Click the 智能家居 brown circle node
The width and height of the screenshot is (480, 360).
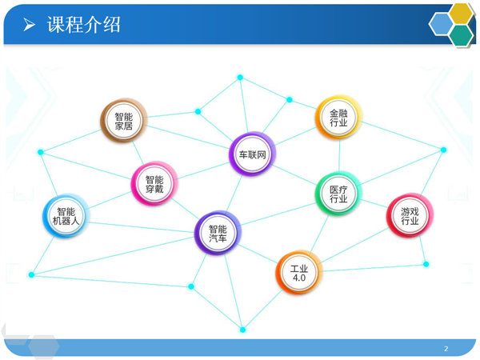pyautogui.click(x=124, y=121)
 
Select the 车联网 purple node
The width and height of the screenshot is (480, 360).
pyautogui.click(x=252, y=154)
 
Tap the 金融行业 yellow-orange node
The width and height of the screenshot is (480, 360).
pyautogui.click(x=338, y=118)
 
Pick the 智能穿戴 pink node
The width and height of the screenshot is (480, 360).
pyautogui.click(x=154, y=184)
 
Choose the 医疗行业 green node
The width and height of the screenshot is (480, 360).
pyautogui.click(x=338, y=194)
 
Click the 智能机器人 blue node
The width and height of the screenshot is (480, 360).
pyautogui.click(x=66, y=216)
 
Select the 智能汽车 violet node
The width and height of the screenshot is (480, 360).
pyautogui.click(x=218, y=233)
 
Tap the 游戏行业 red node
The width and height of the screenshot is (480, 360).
pyautogui.click(x=410, y=215)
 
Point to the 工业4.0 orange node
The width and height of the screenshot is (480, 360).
pyautogui.click(x=299, y=273)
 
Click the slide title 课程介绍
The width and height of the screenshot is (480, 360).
pyautogui.click(x=83, y=25)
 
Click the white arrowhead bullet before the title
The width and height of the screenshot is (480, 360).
pyautogui.click(x=29, y=25)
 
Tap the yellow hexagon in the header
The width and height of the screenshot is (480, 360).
pyautogui.click(x=461, y=14)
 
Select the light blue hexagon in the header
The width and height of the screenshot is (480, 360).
pyautogui.click(x=441, y=24)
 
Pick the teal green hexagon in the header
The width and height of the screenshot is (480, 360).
pyautogui.click(x=462, y=35)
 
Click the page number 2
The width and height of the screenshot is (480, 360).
pyautogui.click(x=446, y=348)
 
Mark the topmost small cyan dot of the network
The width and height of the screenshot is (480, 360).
pyautogui.click(x=240, y=77)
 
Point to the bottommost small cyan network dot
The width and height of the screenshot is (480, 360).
pyautogui.click(x=242, y=330)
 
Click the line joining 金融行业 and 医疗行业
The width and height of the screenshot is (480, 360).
pyautogui.click(x=339, y=155)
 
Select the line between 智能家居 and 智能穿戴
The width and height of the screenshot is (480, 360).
pyautogui.click(x=138, y=153)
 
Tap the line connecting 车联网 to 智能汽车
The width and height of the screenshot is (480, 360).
pyautogui.click(x=234, y=194)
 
